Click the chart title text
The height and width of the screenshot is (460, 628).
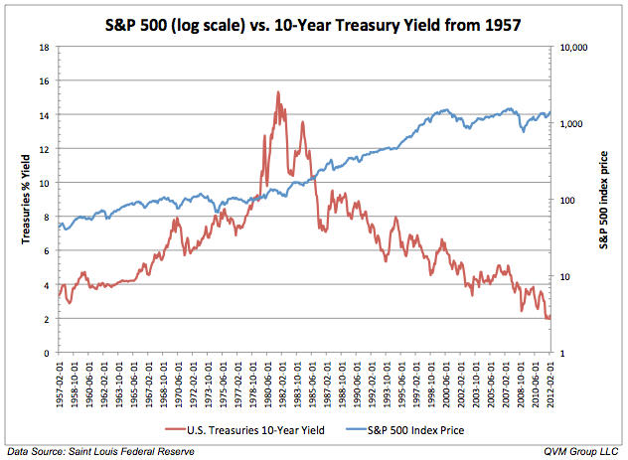pyautogui.click(x=313, y=21)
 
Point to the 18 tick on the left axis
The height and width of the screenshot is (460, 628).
pyautogui.click(x=45, y=48)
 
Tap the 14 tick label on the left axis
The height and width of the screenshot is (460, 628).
pyautogui.click(x=45, y=115)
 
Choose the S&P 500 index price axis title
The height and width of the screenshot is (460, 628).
pyautogui.click(x=609, y=200)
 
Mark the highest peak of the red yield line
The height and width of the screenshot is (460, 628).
pyautogui.click(x=277, y=92)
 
